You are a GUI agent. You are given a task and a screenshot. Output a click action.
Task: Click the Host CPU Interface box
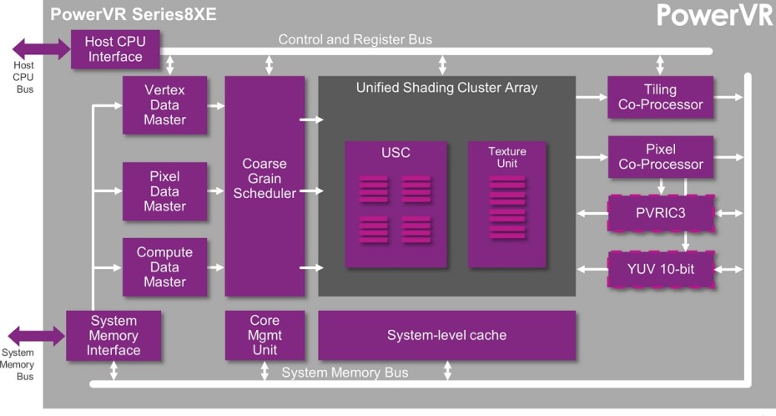tap(113, 49)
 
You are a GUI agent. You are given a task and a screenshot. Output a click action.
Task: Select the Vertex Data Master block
tap(164, 105)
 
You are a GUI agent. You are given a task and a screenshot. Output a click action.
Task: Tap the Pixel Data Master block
tap(164, 191)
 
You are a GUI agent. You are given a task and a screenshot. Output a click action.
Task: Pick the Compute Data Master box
tap(164, 266)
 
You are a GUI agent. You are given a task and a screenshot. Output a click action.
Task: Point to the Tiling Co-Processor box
tap(660, 97)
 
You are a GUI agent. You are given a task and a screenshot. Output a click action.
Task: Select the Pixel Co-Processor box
tap(660, 156)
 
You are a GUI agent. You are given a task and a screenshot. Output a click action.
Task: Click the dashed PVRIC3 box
tap(660, 214)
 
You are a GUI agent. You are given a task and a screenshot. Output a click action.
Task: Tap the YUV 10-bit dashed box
tap(660, 269)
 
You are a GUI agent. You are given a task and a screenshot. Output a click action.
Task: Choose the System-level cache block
tap(446, 335)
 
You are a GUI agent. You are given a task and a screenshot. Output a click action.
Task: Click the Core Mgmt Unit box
tap(265, 335)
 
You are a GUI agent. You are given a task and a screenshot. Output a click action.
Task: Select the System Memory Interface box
tap(113, 336)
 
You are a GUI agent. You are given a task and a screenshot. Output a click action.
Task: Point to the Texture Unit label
tap(507, 157)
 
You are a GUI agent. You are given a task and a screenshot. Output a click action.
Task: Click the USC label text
tap(396, 153)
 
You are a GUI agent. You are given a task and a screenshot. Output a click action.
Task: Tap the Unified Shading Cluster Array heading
tap(446, 88)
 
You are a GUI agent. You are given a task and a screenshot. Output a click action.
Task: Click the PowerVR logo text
tap(714, 15)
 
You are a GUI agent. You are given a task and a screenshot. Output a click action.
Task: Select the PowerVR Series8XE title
tap(133, 14)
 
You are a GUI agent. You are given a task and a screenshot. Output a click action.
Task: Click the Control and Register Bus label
tap(355, 39)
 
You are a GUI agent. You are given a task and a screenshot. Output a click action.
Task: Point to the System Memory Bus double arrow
tap(36, 336)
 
